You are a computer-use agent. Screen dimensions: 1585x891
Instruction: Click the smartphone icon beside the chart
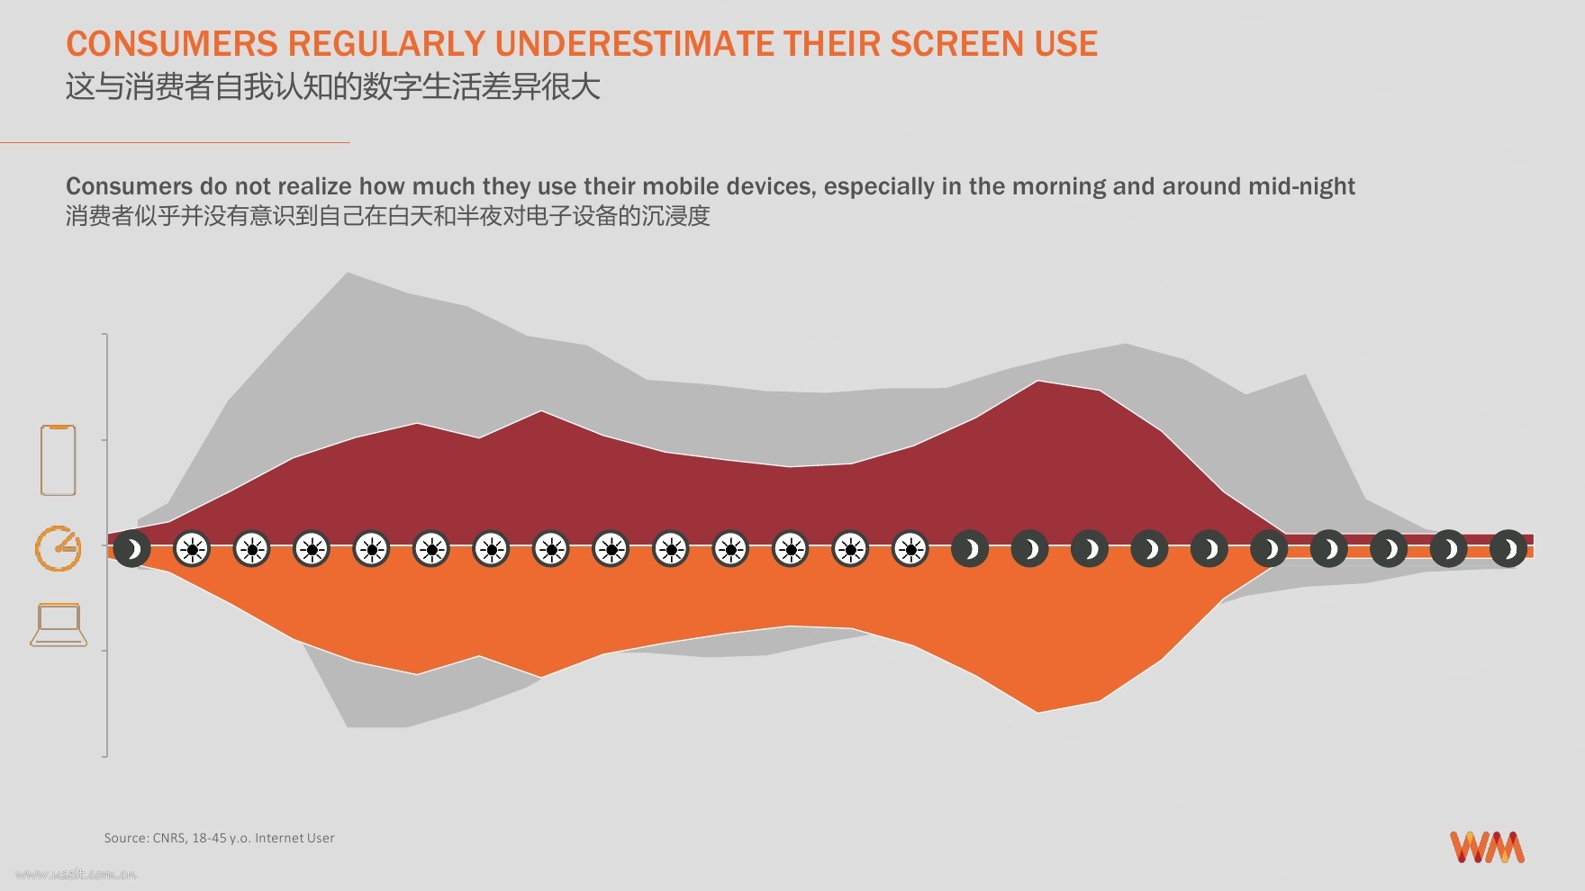[x=58, y=460]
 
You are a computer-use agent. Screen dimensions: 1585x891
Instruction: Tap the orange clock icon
[x=58, y=548]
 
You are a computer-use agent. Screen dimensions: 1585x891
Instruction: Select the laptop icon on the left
[x=59, y=625]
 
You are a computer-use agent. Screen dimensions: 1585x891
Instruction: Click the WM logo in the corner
[x=1487, y=847]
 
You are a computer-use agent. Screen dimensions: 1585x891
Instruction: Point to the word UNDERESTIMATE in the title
[x=634, y=44]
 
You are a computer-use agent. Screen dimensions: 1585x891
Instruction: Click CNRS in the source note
[x=168, y=838]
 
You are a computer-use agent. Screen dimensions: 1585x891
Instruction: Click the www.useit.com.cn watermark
[x=77, y=874]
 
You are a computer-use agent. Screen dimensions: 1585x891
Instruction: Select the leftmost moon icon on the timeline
[x=132, y=549]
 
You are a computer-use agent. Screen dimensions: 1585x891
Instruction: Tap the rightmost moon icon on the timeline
[x=1508, y=549]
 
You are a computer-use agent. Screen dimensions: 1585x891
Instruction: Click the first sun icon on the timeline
[x=192, y=549]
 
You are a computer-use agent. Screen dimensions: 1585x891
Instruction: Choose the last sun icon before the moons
[x=910, y=549]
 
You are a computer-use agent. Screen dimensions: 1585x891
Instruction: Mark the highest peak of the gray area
[x=348, y=273]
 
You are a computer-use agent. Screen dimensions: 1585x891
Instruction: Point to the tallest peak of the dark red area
[x=1038, y=382]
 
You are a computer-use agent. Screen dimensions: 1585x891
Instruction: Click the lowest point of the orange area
[x=1038, y=712]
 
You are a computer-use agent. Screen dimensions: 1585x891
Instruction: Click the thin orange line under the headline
[x=175, y=142]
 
